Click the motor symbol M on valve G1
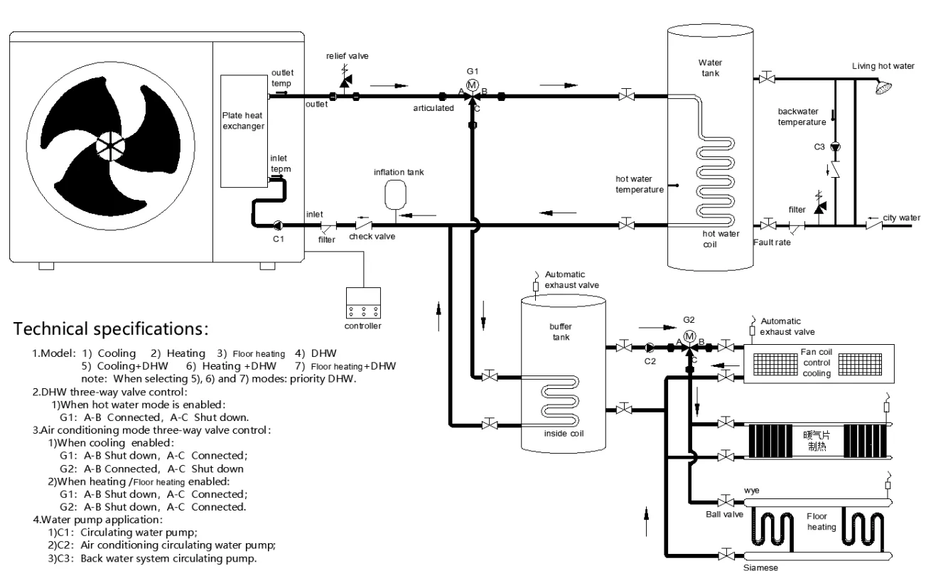472,85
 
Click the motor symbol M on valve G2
689,336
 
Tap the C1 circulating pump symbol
278,225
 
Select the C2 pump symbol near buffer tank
650,348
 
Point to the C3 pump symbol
836,147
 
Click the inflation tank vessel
395,194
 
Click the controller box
363,303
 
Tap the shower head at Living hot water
884,87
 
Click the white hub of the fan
110,146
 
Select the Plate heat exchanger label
243,121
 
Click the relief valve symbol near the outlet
345,80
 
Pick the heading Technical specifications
111,329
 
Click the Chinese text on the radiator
817,441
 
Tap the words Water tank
710,68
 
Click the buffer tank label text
561,331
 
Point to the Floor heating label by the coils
821,521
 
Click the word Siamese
760,568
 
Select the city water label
902,218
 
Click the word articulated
434,108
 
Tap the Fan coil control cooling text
817,363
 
